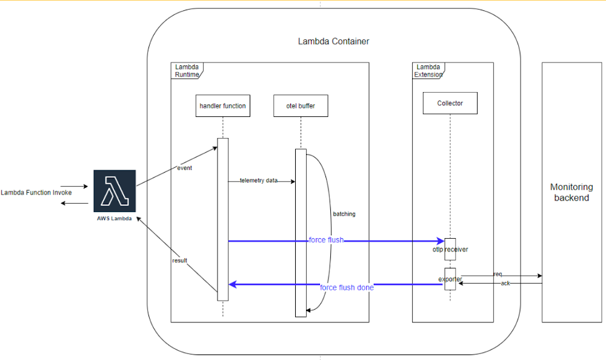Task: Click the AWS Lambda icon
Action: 115,190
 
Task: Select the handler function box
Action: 222,106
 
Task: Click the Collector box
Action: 450,103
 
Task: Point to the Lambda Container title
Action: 333,42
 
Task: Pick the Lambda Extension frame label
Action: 428,71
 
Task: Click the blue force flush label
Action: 326,240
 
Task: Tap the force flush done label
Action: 347,287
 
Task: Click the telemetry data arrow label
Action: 259,181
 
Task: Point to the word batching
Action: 344,214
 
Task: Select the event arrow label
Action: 184,168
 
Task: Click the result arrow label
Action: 179,261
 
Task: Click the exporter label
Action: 450,279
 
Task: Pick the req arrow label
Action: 498,274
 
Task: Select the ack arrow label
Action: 505,283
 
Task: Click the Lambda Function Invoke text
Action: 36,193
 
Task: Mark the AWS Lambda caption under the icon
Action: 115,217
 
